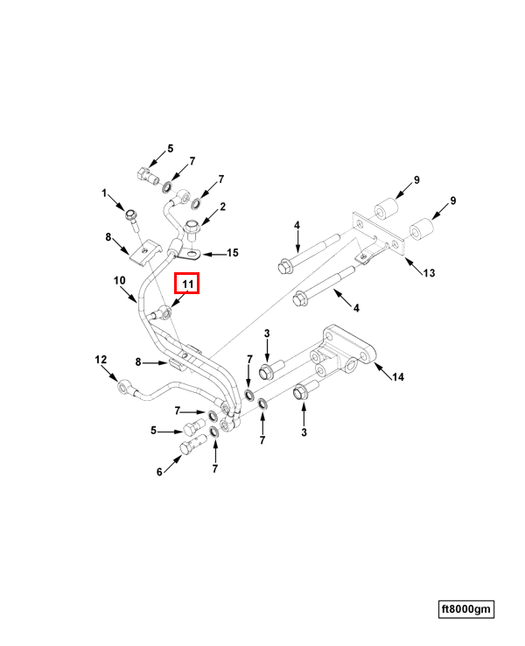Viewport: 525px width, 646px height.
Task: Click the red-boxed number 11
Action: click(186, 284)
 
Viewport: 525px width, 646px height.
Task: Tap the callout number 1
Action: click(104, 193)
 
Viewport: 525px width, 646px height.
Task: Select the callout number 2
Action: click(223, 207)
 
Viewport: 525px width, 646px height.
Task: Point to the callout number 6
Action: click(159, 472)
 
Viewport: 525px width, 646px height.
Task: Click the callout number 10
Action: click(121, 280)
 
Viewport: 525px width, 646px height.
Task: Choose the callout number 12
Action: click(101, 359)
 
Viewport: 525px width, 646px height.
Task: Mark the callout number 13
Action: click(429, 273)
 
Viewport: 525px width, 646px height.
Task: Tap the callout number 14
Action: click(398, 378)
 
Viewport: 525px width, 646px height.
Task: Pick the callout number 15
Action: click(233, 253)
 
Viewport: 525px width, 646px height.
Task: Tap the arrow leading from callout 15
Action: click(213, 254)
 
